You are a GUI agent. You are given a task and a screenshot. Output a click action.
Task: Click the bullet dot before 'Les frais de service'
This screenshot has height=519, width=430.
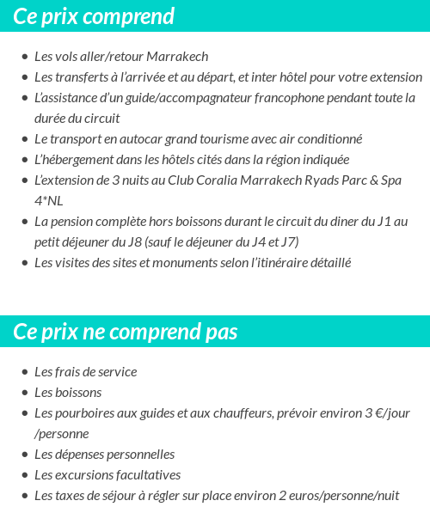click(24, 373)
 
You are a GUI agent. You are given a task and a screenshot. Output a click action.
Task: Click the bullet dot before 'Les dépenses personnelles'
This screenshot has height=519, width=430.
click(24, 455)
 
